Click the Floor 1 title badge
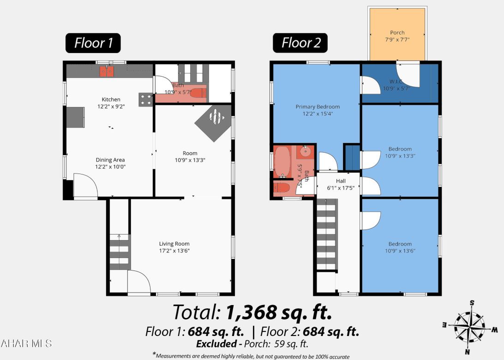93,43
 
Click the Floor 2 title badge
300,43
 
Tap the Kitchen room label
111,99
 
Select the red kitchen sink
107,71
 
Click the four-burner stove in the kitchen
145,100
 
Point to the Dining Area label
110,160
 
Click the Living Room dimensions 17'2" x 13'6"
174,251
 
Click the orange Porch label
397,33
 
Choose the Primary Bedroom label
318,107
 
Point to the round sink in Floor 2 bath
305,150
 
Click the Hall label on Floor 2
341,181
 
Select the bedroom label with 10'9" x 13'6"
400,244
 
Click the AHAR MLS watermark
26,343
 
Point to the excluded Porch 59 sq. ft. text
252,344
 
